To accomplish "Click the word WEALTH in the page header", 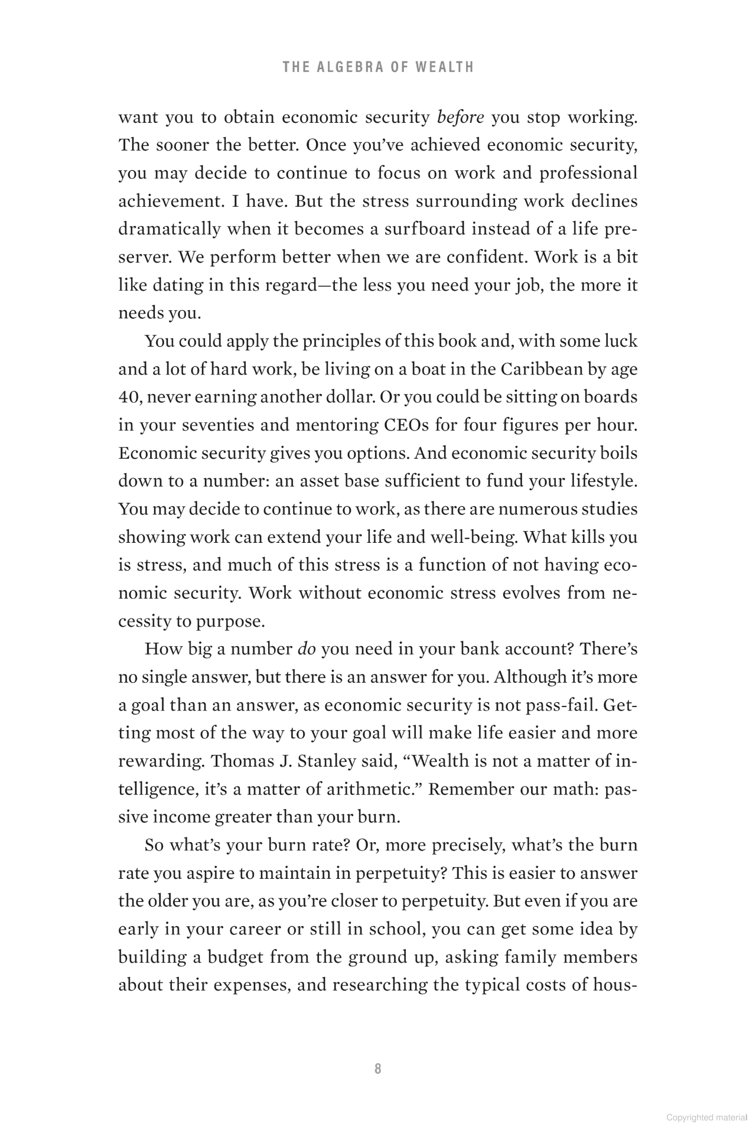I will tap(444, 67).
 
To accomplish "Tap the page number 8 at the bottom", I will tap(378, 1068).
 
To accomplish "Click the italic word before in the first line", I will tap(460, 117).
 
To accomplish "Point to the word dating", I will tap(178, 285).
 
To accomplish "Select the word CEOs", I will tap(404, 425).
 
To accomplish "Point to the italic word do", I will tap(307, 649).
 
